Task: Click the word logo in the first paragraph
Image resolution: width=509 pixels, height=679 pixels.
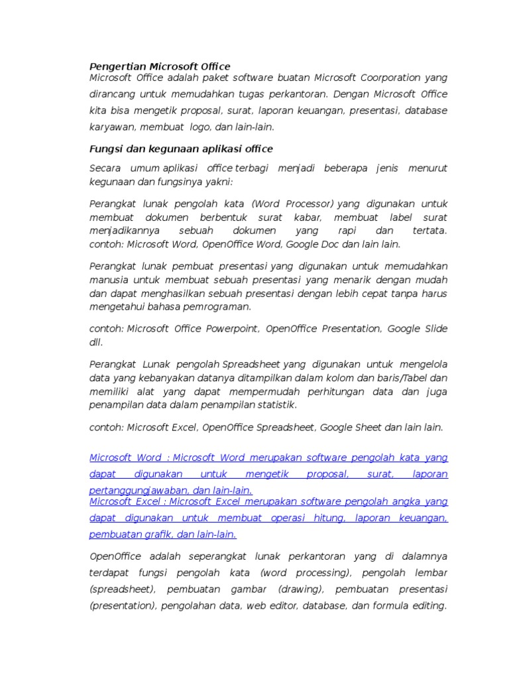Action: (x=201, y=127)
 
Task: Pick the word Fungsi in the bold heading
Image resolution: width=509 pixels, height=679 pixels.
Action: (x=105, y=149)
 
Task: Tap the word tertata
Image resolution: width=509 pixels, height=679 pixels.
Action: (x=429, y=231)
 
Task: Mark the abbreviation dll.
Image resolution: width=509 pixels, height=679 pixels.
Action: (x=96, y=342)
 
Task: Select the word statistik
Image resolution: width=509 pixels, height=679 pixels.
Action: (x=277, y=404)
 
